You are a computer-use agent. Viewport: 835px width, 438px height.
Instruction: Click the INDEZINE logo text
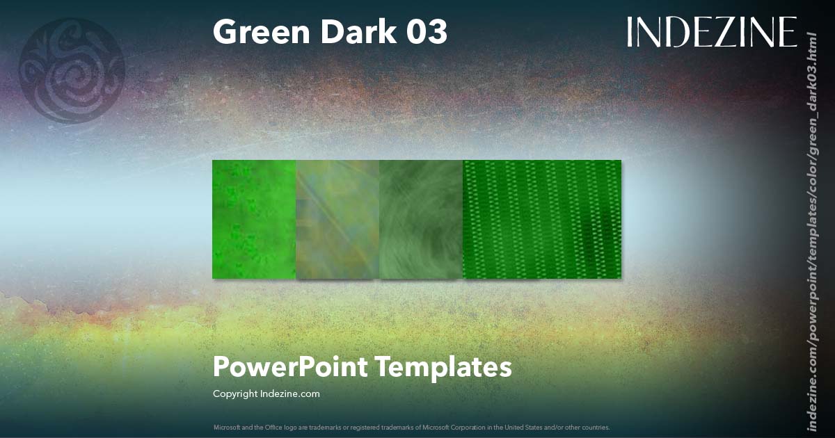tap(711, 33)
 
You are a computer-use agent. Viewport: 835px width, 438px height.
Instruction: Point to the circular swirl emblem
tap(72, 71)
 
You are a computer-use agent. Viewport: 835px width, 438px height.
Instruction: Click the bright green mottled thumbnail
tap(254, 219)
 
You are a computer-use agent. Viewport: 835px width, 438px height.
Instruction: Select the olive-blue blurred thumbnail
tap(337, 219)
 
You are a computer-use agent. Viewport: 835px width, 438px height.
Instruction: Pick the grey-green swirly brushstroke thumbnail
tap(421, 219)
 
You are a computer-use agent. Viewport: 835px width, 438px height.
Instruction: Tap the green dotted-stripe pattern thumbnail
tap(541, 219)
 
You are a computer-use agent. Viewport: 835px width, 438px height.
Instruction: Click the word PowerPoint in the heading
tap(289, 366)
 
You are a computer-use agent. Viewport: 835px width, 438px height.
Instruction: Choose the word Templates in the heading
tap(443, 366)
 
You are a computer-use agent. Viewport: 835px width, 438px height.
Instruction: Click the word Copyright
tap(235, 394)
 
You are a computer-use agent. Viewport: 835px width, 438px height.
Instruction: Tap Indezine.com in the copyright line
tap(289, 394)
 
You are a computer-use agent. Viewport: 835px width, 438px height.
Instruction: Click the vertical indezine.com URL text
tap(811, 229)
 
